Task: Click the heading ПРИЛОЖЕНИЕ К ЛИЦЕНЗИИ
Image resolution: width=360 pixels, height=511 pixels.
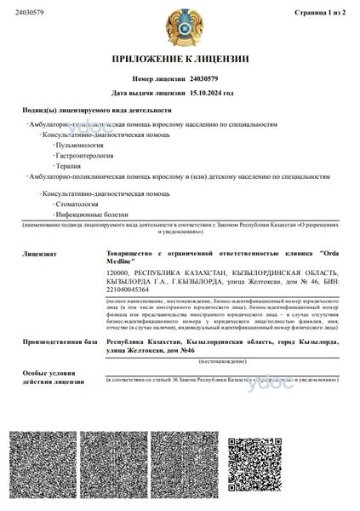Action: [180, 60]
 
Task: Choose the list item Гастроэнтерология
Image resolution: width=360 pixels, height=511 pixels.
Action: [84, 156]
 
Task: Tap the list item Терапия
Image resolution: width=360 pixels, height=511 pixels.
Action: [68, 166]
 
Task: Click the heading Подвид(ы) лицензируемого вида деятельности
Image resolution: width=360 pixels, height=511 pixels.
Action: [98, 111]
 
